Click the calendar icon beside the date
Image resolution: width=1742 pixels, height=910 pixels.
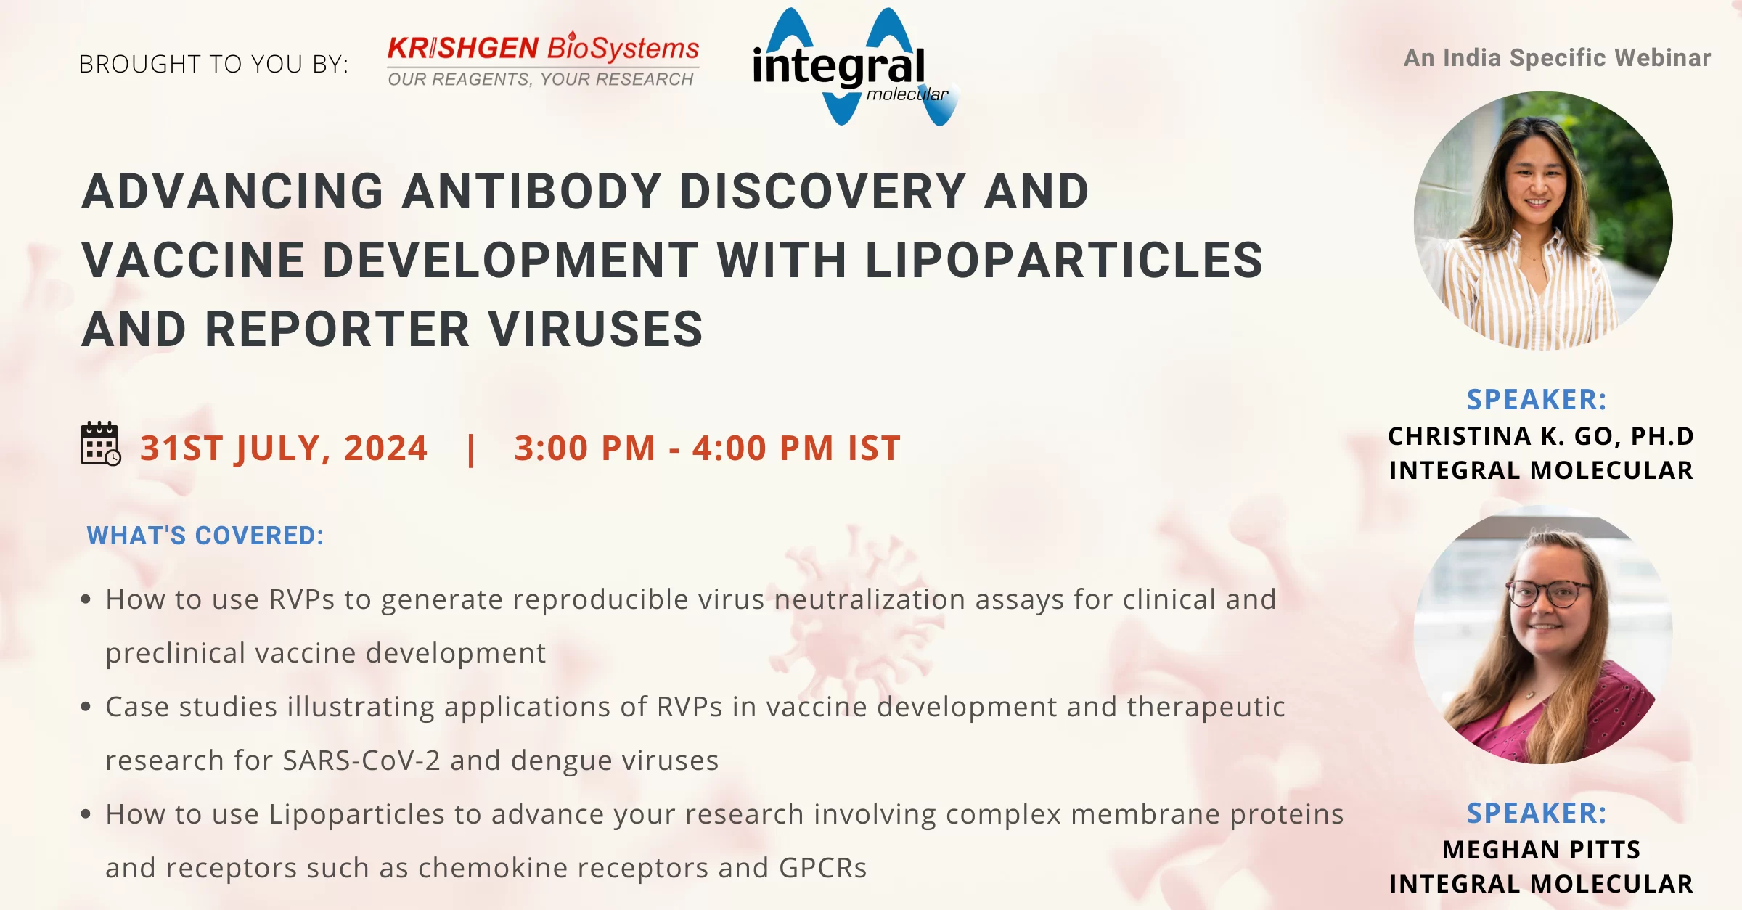click(x=100, y=443)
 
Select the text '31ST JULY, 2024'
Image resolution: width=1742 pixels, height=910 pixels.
click(x=284, y=448)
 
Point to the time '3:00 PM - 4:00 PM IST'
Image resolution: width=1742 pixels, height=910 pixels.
click(x=708, y=448)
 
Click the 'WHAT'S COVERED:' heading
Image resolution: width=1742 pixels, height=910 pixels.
click(x=205, y=536)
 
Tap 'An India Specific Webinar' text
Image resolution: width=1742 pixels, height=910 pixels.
click(x=1557, y=57)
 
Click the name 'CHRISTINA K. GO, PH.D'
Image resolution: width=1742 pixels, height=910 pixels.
click(x=1541, y=435)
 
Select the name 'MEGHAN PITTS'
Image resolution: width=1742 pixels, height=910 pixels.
click(x=1541, y=849)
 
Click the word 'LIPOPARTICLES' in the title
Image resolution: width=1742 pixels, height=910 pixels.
click(x=1064, y=260)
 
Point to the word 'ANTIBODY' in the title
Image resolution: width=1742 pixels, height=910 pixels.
click(x=532, y=192)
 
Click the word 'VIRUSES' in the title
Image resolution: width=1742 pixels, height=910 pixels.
click(x=595, y=329)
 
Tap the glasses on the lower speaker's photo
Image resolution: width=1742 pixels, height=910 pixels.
click(x=1550, y=593)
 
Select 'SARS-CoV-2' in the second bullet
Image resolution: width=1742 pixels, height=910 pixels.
click(x=361, y=760)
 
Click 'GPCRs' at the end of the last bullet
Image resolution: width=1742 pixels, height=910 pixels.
click(x=823, y=867)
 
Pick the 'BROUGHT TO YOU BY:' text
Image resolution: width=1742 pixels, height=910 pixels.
click(x=213, y=64)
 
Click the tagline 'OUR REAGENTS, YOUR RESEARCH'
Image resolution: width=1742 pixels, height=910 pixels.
click(x=541, y=79)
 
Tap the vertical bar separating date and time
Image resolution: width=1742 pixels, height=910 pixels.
click(x=471, y=449)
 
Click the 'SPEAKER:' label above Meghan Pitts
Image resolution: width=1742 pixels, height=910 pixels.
click(x=1537, y=813)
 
